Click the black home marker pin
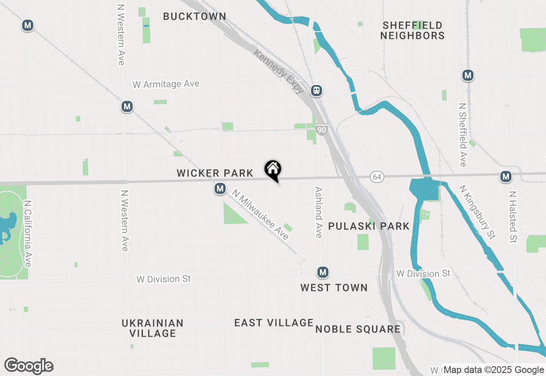point(273,170)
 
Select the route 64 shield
point(376,177)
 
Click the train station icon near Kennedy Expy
point(316,90)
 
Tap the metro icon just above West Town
point(323,272)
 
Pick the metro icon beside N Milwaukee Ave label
point(220,188)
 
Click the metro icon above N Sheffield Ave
point(468,76)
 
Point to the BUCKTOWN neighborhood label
point(195,17)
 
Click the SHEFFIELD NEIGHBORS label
point(412,30)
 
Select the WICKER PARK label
point(215,173)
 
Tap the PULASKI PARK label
point(369,226)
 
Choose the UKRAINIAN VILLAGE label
point(153,328)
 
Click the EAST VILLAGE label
point(274,323)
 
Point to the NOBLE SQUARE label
point(358,329)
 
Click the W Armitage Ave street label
point(166,84)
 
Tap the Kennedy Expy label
point(279,71)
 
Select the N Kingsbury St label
point(478,211)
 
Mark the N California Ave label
point(28,234)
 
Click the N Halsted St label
point(513,217)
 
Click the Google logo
point(29,366)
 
